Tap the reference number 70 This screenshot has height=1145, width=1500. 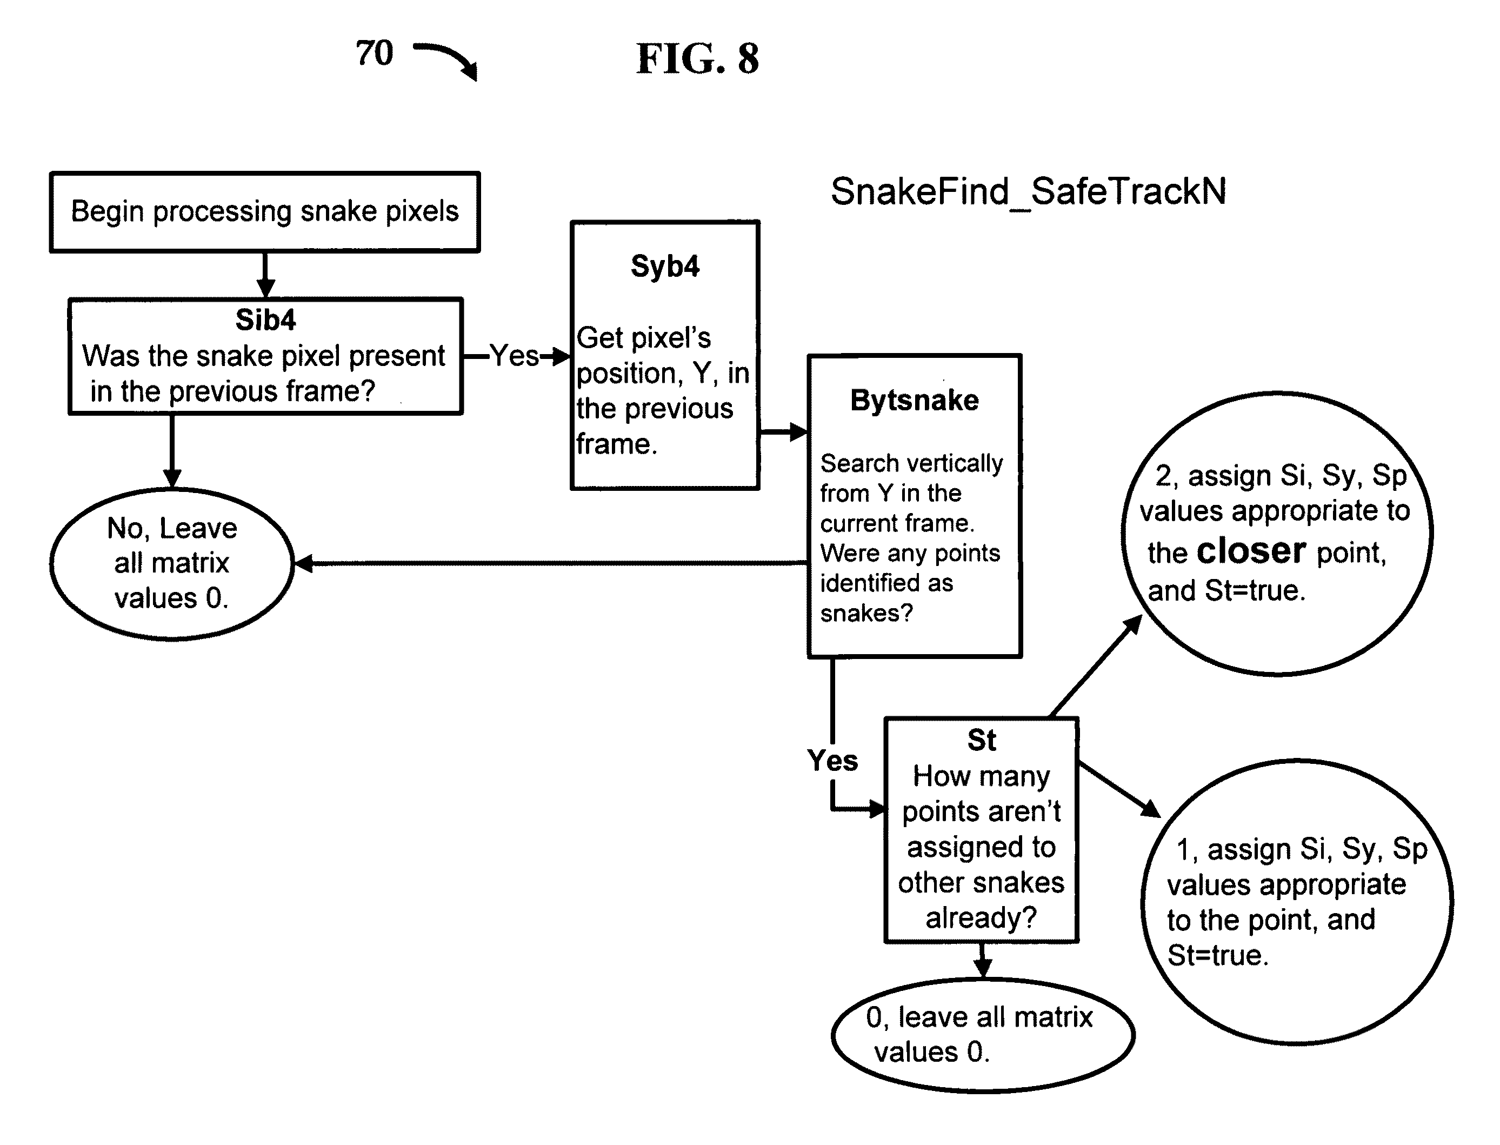[x=374, y=52]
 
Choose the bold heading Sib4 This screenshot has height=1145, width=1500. [x=266, y=319]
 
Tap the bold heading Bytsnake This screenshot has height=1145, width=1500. [x=915, y=400]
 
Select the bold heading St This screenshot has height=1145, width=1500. [x=982, y=740]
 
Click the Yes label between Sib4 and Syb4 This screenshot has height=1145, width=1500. [x=515, y=355]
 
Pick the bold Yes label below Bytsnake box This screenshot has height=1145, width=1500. [x=832, y=760]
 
